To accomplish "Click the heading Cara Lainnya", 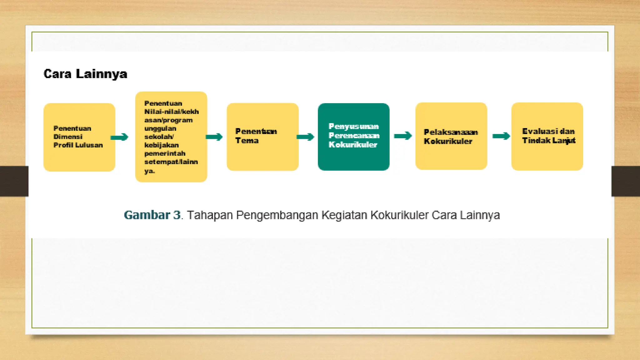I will point(85,74).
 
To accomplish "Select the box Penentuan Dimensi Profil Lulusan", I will point(79,137).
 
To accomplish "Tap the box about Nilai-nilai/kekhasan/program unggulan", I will point(171,137).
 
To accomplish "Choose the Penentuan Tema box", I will point(262,137).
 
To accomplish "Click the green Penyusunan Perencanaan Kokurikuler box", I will point(353,137).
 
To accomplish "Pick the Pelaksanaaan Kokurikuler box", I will point(451,136).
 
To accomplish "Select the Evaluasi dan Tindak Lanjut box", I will point(547,136).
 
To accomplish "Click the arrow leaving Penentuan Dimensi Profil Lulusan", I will point(119,137).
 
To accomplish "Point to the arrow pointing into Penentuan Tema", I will point(214,137).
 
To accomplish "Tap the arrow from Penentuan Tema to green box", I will point(305,137).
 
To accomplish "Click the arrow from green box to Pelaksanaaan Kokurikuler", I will point(403,136).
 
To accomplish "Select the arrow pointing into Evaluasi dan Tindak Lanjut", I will point(501,136).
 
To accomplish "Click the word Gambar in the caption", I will point(147,215).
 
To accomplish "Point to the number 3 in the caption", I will point(177,215).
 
